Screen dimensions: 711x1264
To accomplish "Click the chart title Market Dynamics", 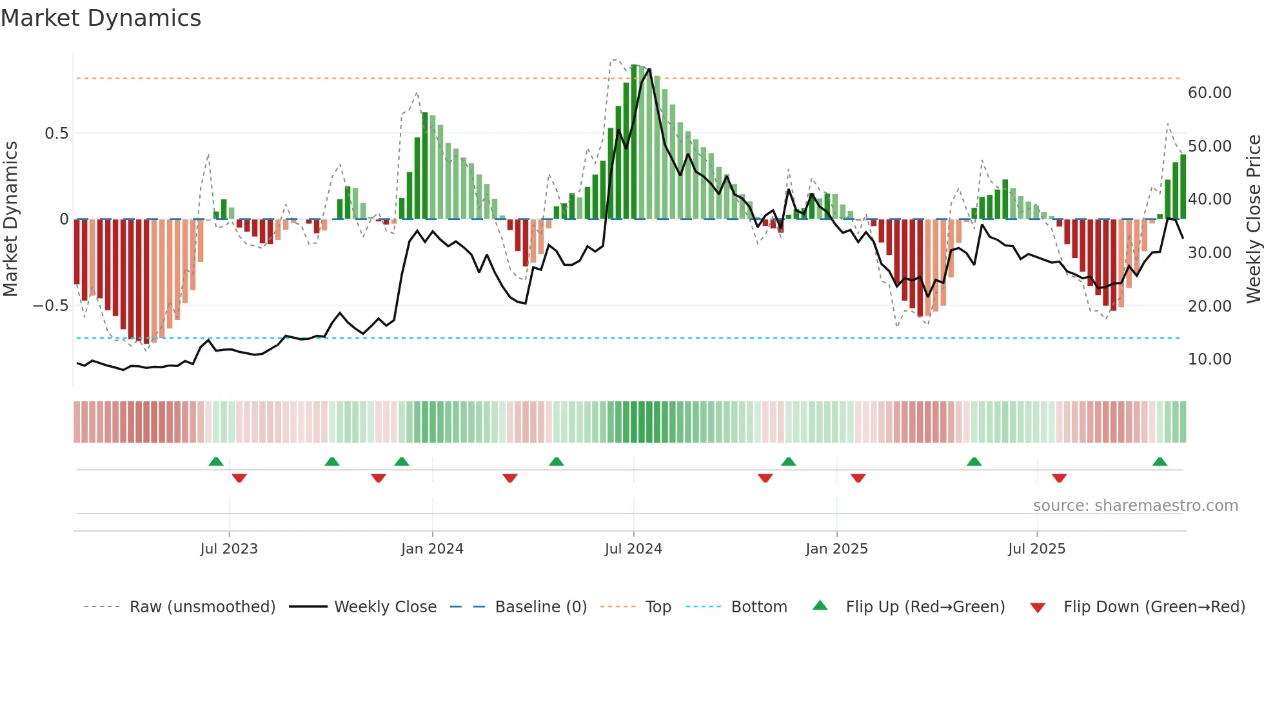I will [101, 18].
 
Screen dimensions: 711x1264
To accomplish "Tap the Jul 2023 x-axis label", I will [229, 549].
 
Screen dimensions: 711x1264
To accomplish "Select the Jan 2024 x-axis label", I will [432, 549].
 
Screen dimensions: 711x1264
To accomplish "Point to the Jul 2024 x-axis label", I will [633, 549].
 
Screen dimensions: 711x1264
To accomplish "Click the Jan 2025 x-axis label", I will [836, 549].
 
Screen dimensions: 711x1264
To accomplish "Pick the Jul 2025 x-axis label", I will [1037, 549].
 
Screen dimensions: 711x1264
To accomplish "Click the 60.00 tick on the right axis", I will [1210, 93].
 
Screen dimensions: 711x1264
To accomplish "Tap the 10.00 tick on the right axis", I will [1210, 359].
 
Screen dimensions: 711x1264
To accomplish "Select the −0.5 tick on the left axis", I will [51, 305].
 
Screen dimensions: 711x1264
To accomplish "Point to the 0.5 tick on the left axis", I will [56, 134].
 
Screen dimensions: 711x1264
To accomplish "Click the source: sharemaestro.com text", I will [1135, 506].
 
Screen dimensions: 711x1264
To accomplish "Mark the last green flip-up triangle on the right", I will [1160, 461].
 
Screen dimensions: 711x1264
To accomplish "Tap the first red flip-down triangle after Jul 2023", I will [239, 478].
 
